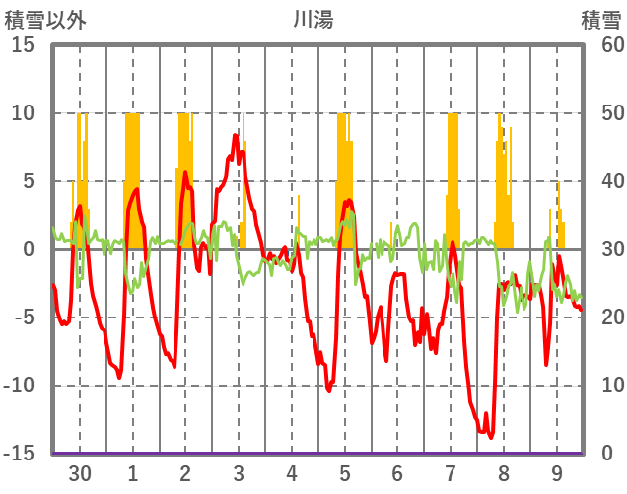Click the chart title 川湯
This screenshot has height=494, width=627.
[313, 19]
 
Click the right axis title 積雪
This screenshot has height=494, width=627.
[599, 19]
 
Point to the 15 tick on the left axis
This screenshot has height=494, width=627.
[23, 45]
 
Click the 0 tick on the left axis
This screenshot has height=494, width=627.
[29, 249]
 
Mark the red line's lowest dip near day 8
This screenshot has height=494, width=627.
[489, 437]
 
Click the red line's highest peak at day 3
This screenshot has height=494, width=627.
[235, 135]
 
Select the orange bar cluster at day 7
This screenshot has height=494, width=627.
[453, 177]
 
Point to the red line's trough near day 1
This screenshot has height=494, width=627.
[119, 377]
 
